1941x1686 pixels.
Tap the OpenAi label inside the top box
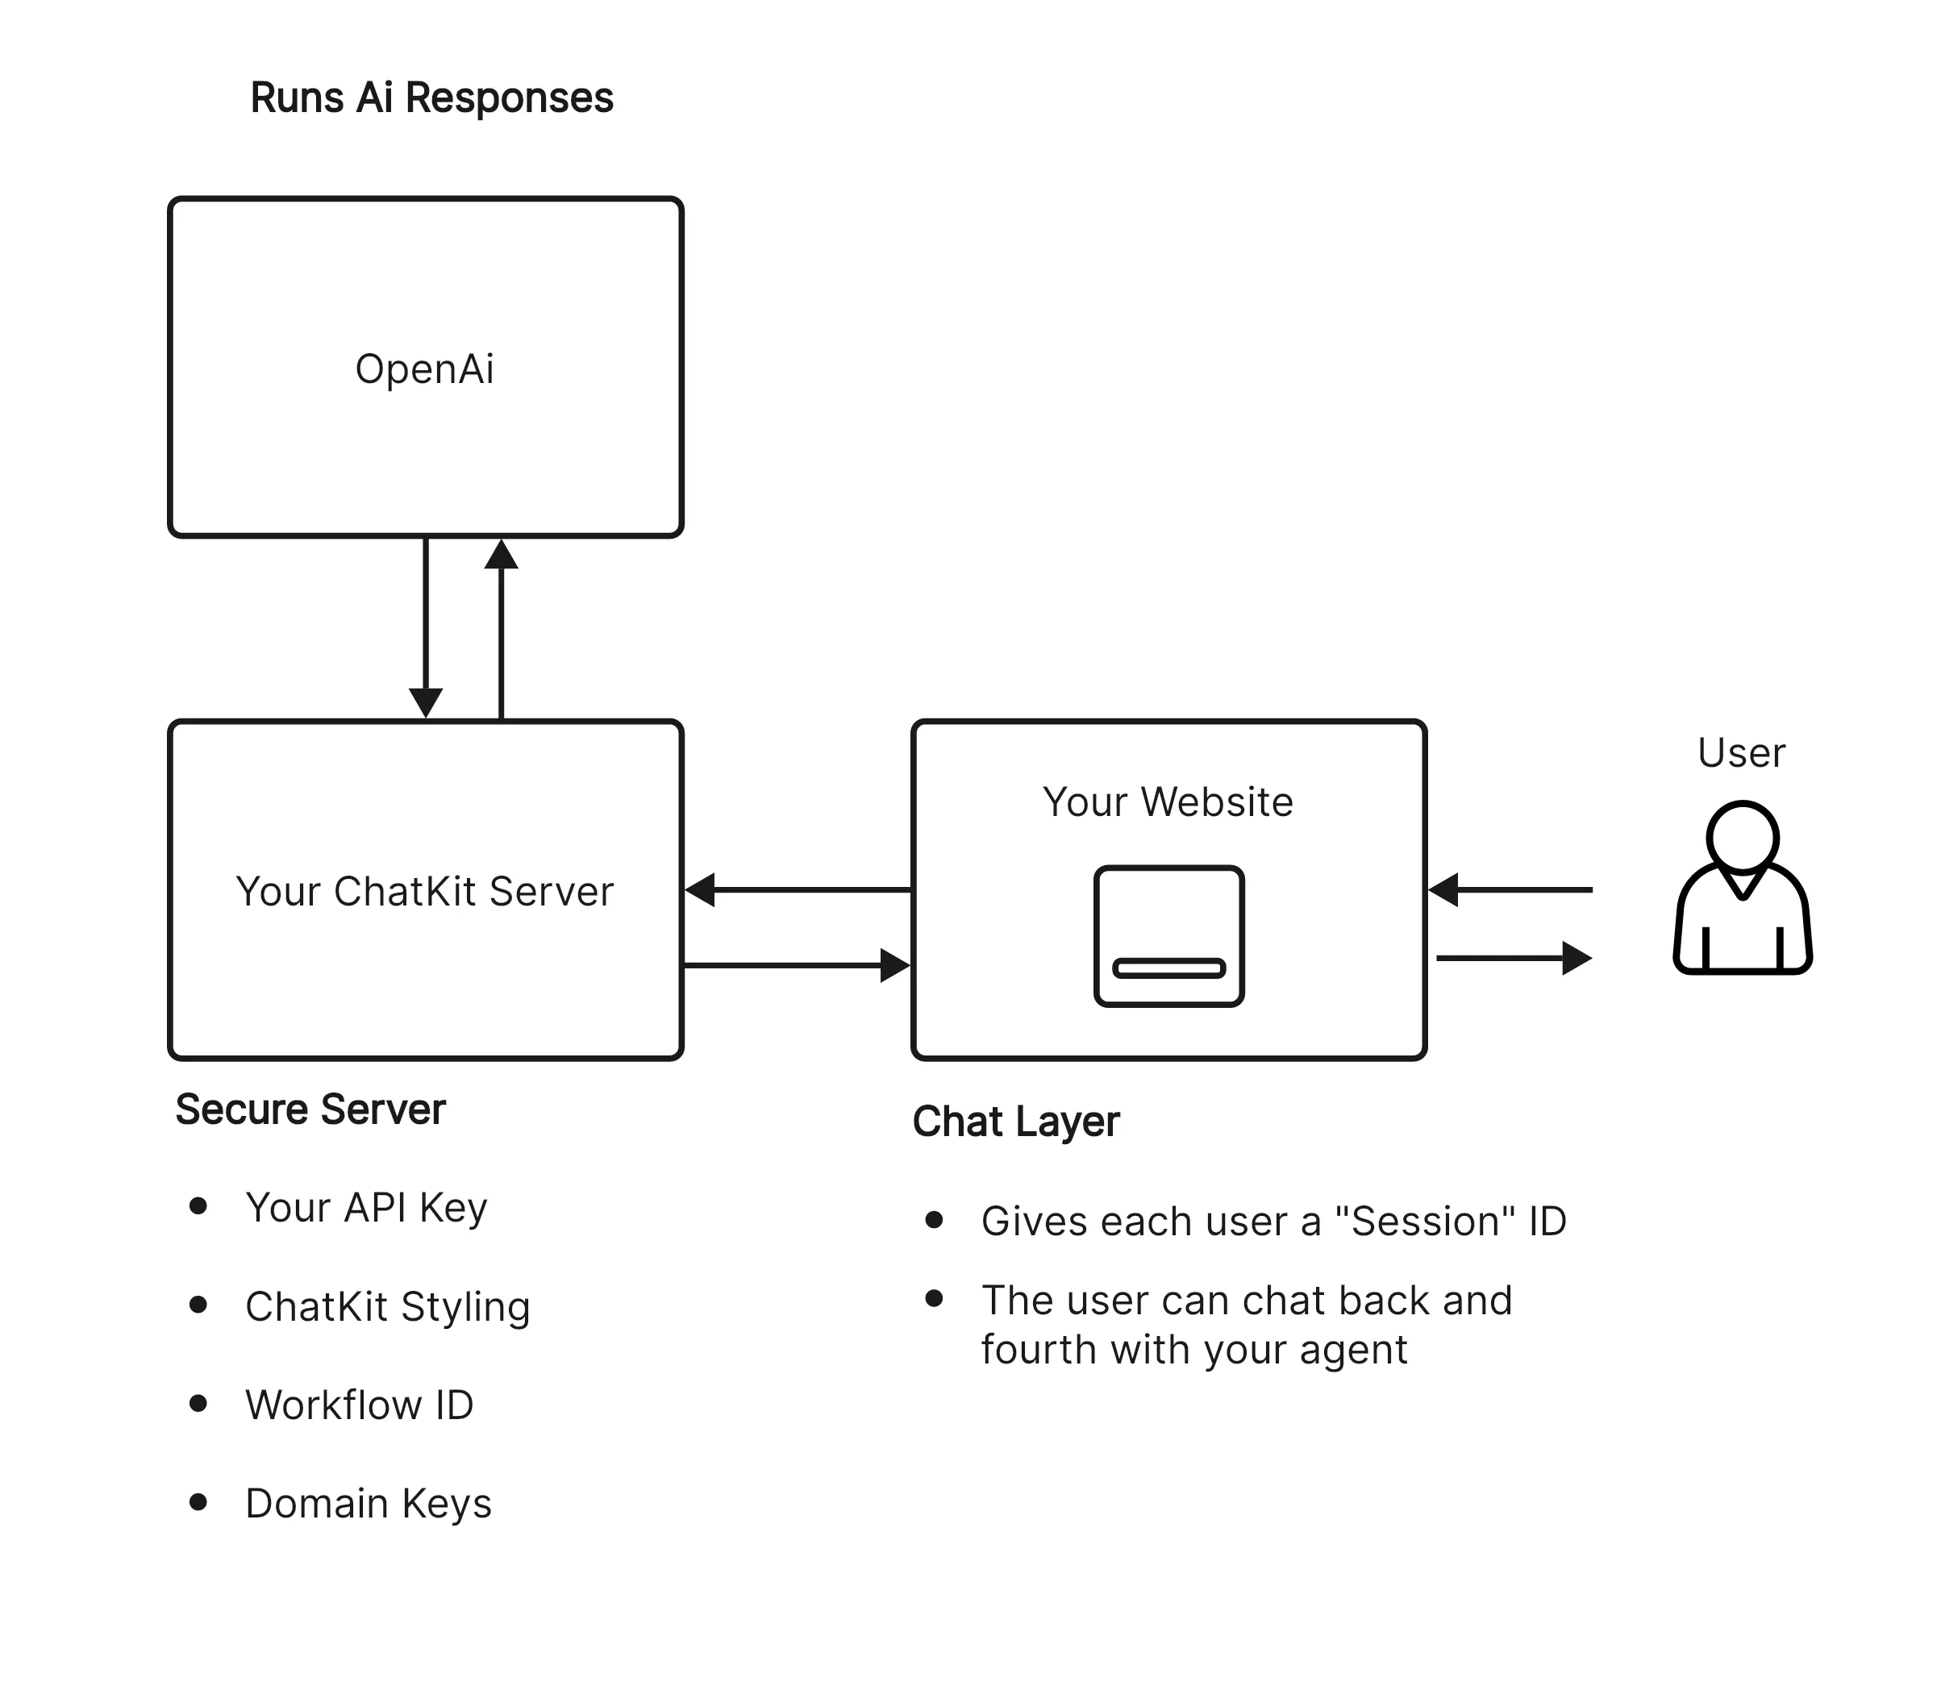click(424, 368)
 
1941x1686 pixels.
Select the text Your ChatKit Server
click(424, 891)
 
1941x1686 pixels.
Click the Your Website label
click(1168, 801)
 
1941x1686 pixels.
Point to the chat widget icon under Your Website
click(1168, 936)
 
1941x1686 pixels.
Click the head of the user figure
click(1743, 835)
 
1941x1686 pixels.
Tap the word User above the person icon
click(1740, 752)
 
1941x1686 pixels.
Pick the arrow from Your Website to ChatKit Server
click(797, 889)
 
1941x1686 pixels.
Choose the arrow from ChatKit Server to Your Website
click(797, 965)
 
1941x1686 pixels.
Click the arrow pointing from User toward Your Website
click(1510, 889)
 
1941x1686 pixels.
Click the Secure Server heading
click(310, 1109)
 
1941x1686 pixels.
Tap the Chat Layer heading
click(1015, 1122)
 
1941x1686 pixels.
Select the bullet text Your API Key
click(366, 1207)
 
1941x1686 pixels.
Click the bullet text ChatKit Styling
click(388, 1306)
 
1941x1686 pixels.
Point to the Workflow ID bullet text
click(360, 1405)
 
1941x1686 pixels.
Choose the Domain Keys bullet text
click(368, 1504)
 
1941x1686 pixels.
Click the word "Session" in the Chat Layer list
click(1426, 1222)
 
